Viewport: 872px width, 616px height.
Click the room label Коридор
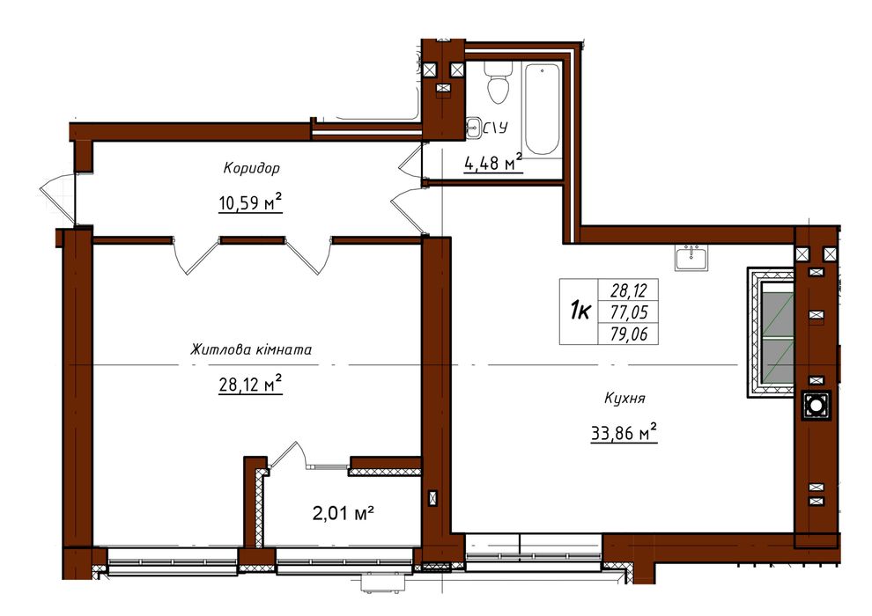coord(251,168)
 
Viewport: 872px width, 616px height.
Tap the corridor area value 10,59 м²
coord(251,202)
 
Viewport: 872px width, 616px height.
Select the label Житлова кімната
coord(251,350)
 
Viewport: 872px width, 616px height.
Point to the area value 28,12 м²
coord(251,383)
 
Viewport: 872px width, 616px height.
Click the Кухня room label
coord(624,399)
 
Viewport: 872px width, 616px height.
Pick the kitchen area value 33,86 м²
coord(624,432)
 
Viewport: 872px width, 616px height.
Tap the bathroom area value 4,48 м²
coord(493,163)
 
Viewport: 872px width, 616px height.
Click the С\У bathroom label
coord(495,128)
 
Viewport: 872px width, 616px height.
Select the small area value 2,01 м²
coord(343,513)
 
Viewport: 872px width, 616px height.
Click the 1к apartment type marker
coord(580,311)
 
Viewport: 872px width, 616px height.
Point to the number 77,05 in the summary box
coord(628,312)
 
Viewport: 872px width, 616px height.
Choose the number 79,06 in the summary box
coord(628,334)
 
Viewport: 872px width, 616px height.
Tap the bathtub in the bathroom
coord(543,109)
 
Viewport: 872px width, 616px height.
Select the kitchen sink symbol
coord(691,257)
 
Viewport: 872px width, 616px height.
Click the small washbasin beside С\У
coord(473,128)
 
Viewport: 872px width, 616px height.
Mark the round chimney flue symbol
coord(816,406)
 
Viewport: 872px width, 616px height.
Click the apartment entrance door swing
coord(57,199)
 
